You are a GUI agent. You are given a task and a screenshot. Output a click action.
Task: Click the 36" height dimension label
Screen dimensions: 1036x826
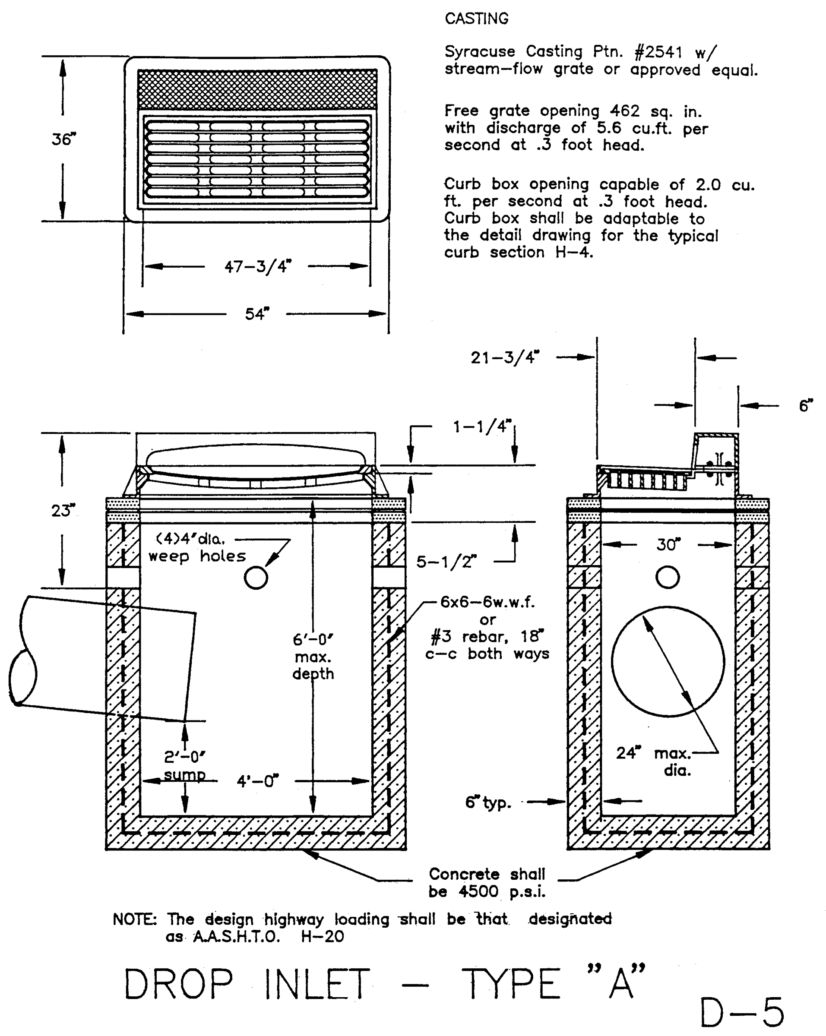click(x=64, y=139)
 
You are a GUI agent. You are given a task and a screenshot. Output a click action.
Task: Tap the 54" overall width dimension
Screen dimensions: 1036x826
click(x=257, y=314)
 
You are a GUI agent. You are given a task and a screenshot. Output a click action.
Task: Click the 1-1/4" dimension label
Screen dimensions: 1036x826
click(x=482, y=426)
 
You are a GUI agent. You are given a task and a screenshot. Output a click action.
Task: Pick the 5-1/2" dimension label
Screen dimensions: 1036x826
click(x=446, y=561)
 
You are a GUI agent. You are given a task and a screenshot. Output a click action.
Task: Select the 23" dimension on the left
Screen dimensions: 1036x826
click(x=63, y=510)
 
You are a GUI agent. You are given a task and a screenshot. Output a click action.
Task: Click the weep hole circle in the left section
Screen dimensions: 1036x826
click(x=256, y=578)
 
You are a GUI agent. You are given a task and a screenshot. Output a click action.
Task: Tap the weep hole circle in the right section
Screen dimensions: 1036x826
click(x=668, y=577)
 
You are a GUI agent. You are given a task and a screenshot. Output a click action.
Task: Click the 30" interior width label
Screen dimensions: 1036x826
click(x=668, y=544)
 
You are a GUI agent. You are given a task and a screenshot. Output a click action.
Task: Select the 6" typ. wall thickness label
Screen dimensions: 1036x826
click(x=488, y=802)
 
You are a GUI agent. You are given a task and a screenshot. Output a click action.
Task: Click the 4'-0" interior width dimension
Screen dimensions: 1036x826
click(x=257, y=781)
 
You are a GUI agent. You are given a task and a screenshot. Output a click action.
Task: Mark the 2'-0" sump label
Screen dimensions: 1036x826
click(x=184, y=766)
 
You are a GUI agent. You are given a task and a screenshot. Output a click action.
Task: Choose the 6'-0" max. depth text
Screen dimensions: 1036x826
click(x=313, y=657)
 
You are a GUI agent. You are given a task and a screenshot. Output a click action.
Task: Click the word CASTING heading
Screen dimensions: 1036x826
click(x=476, y=19)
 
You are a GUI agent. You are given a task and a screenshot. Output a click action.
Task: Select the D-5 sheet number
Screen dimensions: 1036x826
click(x=741, y=1012)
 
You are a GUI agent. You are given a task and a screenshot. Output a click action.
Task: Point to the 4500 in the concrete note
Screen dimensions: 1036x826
click(x=478, y=892)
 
